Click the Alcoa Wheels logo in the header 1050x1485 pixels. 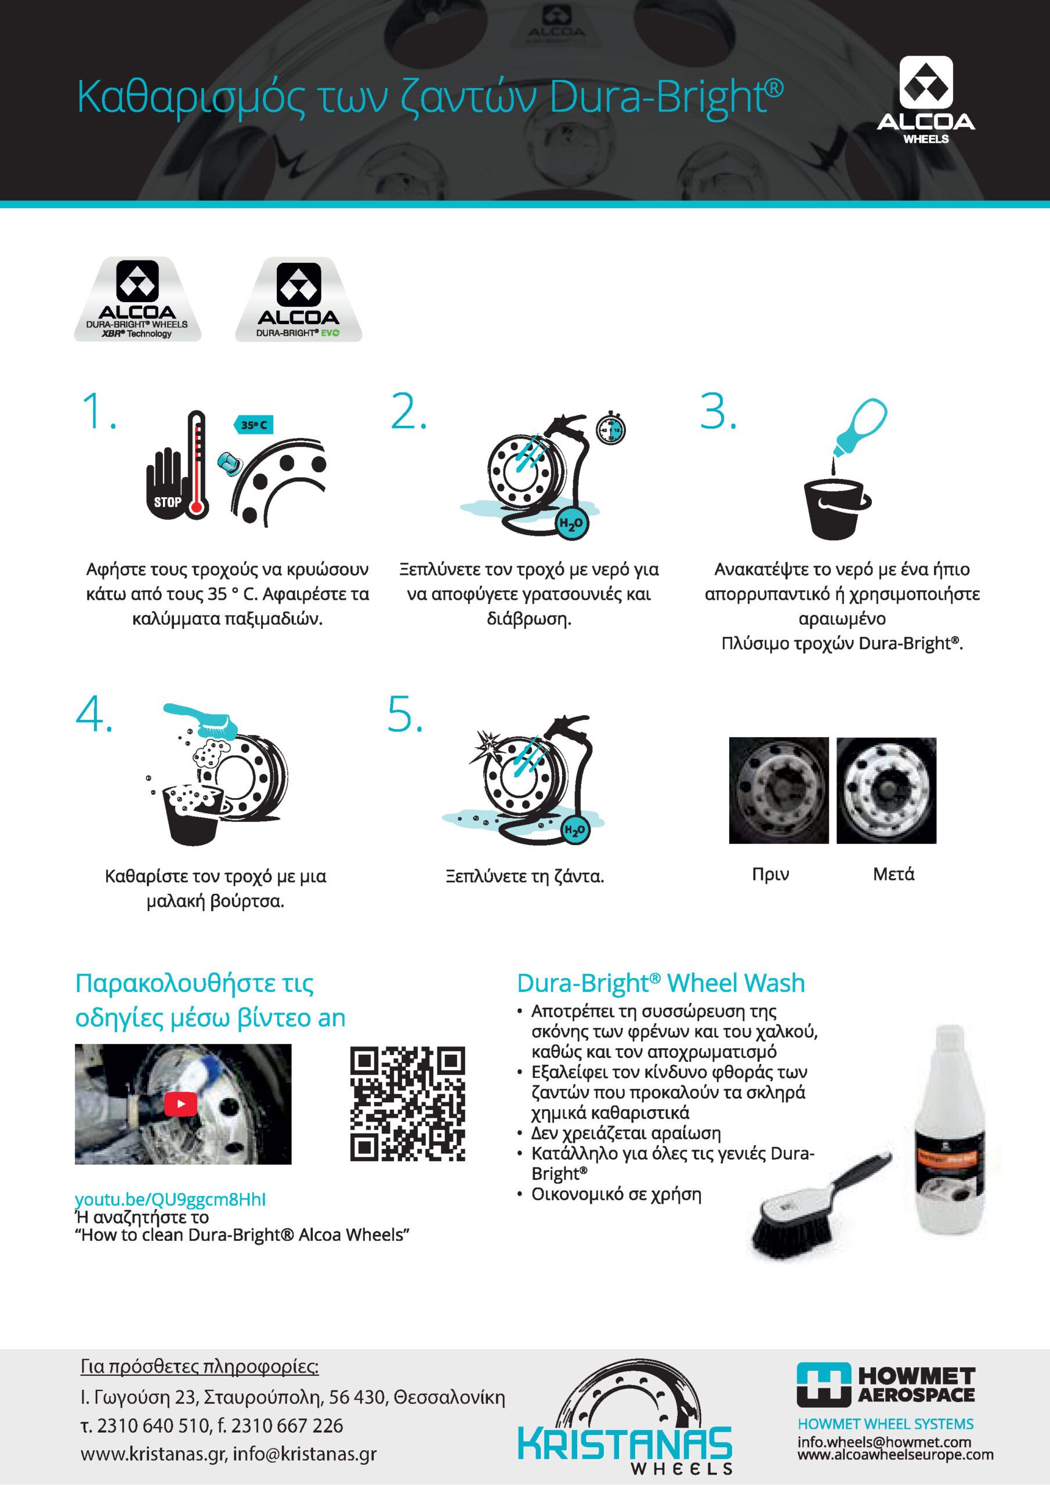pyautogui.click(x=926, y=100)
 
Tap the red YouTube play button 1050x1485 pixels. pyautogui.click(x=180, y=1103)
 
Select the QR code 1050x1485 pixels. pyautogui.click(x=408, y=1103)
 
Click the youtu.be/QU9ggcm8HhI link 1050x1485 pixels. pyautogui.click(x=170, y=1199)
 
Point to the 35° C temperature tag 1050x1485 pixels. pyautogui.click(x=253, y=425)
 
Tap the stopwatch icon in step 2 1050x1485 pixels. pyautogui.click(x=610, y=428)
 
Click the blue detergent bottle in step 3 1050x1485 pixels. pyautogui.click(x=859, y=426)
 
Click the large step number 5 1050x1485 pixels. pyautogui.click(x=405, y=715)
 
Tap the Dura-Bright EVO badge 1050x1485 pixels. pyautogui.click(x=298, y=299)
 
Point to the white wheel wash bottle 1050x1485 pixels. pyautogui.click(x=950, y=1129)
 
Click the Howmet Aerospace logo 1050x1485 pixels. pyautogui.click(x=886, y=1385)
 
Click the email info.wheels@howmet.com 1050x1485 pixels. pyautogui.click(x=885, y=1441)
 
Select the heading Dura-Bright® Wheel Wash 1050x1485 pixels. pyautogui.click(x=661, y=983)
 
